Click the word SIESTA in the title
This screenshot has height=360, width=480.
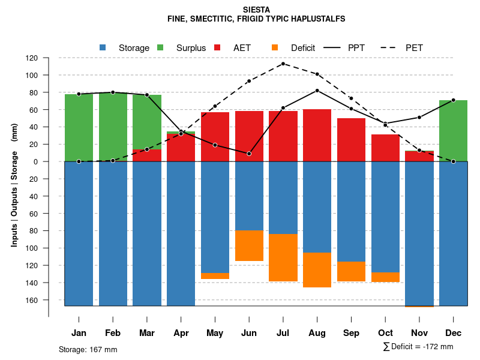coord(257,10)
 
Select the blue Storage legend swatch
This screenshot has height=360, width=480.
coord(103,47)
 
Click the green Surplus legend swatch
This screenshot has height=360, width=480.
coord(160,47)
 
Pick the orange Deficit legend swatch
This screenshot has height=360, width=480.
coord(275,47)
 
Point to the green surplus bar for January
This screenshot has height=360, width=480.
coord(79,127)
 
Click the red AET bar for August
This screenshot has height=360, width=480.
coord(317,135)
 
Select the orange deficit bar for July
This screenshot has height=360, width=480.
coord(283,257)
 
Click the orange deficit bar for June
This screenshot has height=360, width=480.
coord(249,245)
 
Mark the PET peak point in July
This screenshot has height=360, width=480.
coord(283,64)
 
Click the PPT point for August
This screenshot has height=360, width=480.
coord(317,91)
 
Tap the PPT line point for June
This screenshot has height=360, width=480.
coord(249,154)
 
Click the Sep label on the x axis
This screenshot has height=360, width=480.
coord(351,333)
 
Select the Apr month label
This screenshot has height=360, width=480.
coord(181,333)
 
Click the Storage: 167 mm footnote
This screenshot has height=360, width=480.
coord(88,349)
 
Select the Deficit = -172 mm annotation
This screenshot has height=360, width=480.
coord(418,347)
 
